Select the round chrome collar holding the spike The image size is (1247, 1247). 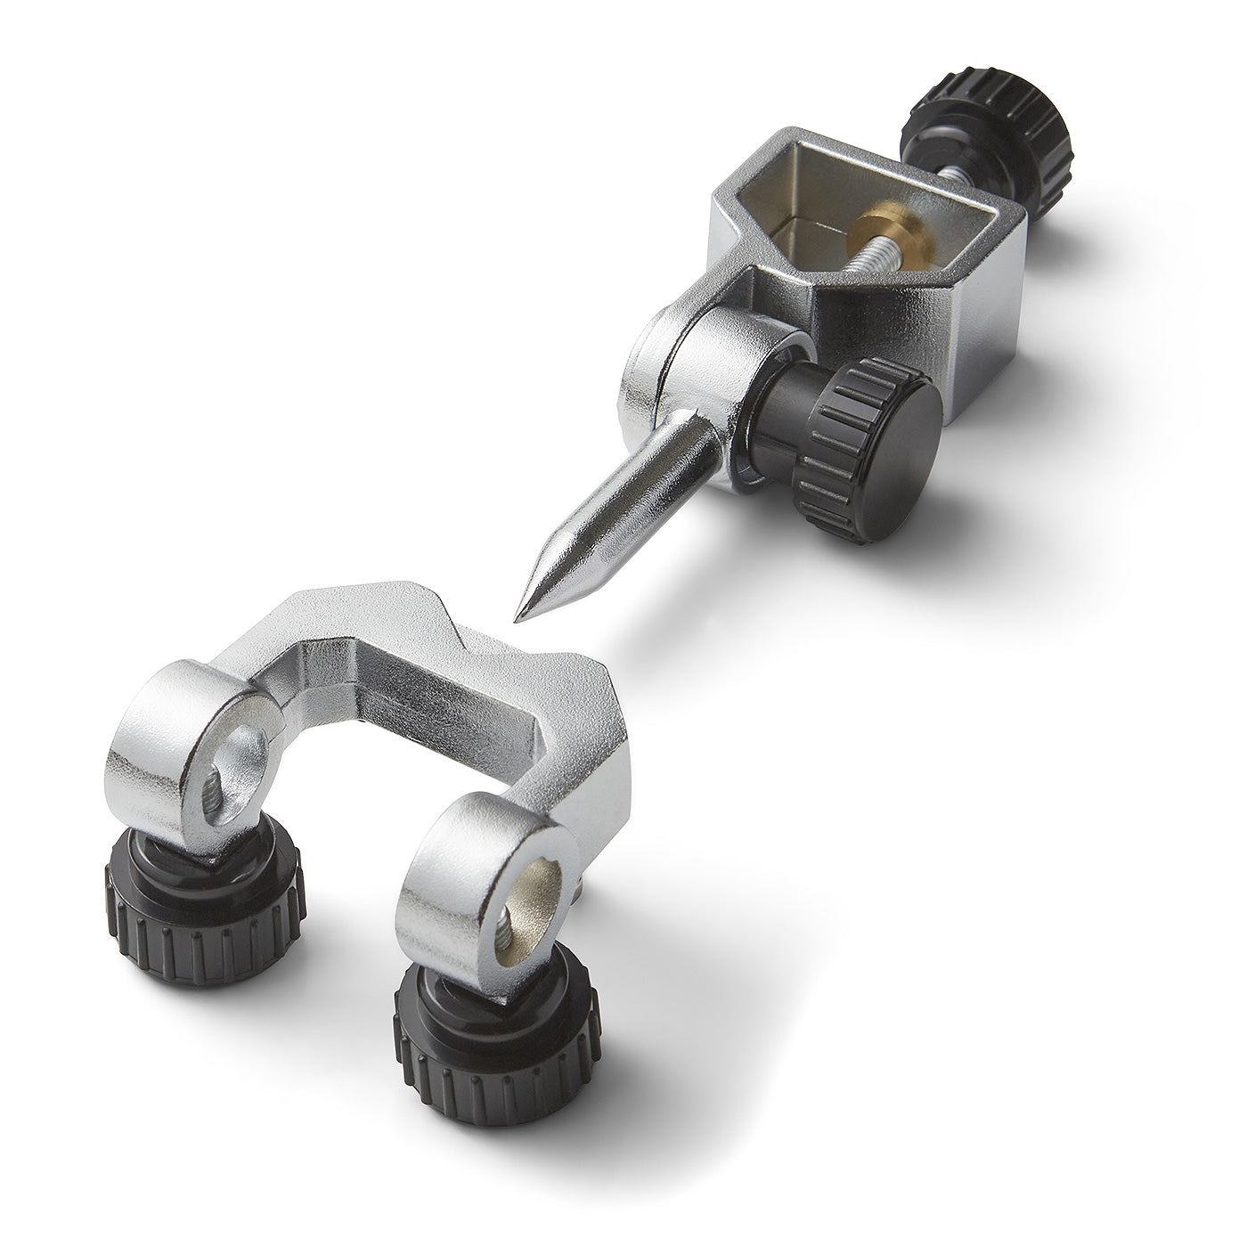713,356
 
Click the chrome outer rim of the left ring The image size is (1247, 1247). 151,739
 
